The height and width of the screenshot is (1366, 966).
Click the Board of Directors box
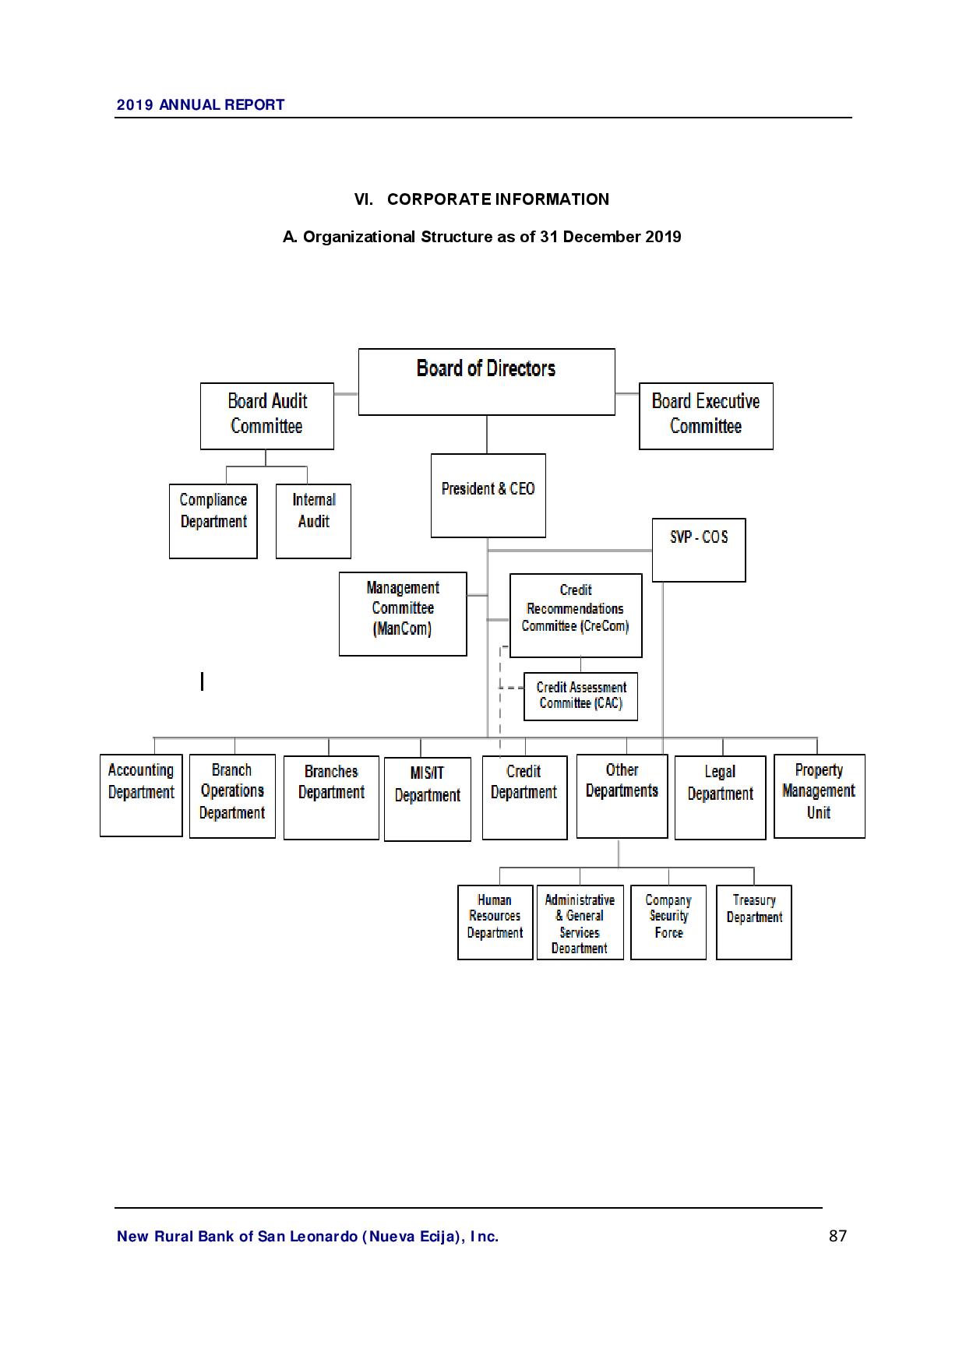[x=486, y=382]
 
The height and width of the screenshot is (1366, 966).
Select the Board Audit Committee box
[x=266, y=416]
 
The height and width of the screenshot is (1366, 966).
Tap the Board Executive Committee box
[x=706, y=416]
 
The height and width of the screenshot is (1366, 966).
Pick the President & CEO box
[x=488, y=495]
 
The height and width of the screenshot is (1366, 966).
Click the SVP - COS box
[x=698, y=550]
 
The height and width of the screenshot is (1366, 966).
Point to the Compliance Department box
[x=213, y=521]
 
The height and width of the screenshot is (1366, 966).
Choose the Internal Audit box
[x=313, y=521]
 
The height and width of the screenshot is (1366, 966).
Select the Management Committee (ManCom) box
[x=403, y=614]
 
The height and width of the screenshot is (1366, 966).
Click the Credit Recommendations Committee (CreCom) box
[x=576, y=615]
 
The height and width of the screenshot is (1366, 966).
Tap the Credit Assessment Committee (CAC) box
[x=580, y=696]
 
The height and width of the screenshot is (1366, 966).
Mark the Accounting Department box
[x=141, y=795]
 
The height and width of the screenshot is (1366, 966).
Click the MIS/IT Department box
[x=427, y=799]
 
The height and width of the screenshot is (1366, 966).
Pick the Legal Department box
[x=720, y=797]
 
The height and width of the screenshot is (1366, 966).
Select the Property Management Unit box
[x=819, y=796]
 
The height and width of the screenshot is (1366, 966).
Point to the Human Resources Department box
[x=495, y=922]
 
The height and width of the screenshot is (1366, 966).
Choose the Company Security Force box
[x=668, y=922]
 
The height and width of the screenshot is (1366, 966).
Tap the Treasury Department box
[x=753, y=922]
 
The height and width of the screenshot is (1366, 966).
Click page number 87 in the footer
[x=837, y=1236]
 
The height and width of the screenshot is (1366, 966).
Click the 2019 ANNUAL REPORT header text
[x=200, y=104]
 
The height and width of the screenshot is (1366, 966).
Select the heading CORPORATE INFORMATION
[x=498, y=199]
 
